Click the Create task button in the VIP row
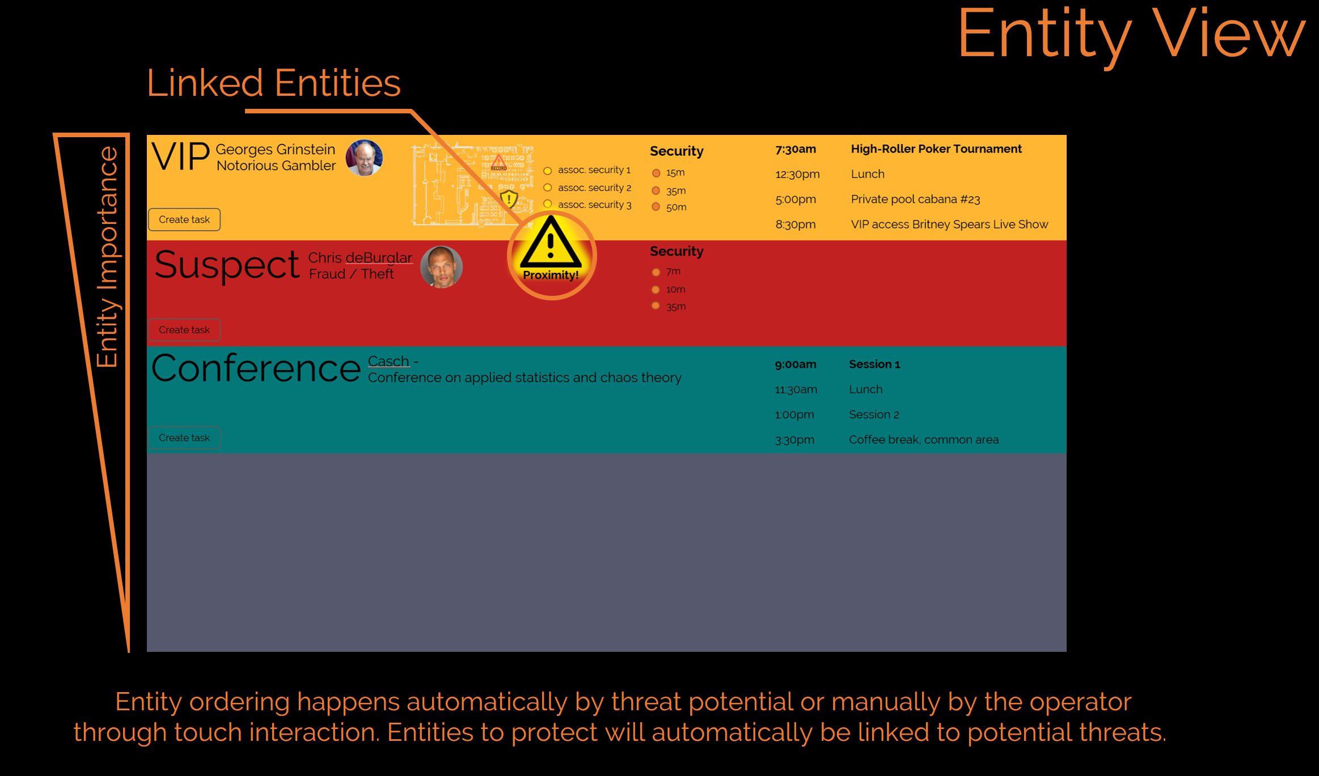click(x=184, y=219)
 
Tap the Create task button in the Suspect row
click(x=184, y=330)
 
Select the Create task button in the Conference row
click(x=184, y=438)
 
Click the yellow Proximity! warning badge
click(x=551, y=256)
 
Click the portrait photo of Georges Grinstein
click(x=364, y=158)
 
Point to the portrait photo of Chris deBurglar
click(x=441, y=267)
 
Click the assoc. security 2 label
click(x=594, y=188)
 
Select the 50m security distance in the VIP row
click(x=676, y=207)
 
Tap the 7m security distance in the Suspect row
click(x=673, y=272)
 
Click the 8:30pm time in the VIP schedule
click(x=796, y=224)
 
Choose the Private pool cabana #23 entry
click(x=915, y=200)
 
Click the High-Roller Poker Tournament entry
click(x=936, y=149)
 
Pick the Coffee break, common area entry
click(x=924, y=440)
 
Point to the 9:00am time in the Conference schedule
click(x=796, y=364)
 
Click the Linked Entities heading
click(x=274, y=83)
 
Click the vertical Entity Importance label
click(x=107, y=257)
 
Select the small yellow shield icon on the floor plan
click(x=509, y=199)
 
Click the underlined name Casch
click(x=388, y=361)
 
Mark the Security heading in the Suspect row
click(x=677, y=251)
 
